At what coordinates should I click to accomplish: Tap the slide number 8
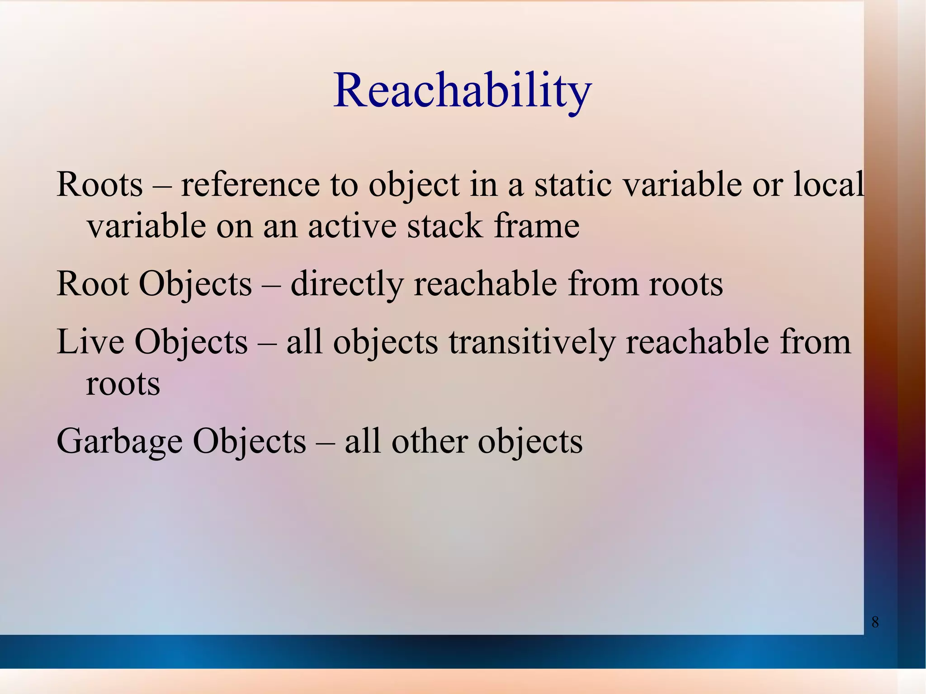tap(875, 623)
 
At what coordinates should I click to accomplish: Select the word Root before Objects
tap(93, 284)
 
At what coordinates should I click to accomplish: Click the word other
tap(429, 441)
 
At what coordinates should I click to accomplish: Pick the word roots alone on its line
tap(123, 384)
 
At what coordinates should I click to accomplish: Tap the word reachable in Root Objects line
tap(485, 284)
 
